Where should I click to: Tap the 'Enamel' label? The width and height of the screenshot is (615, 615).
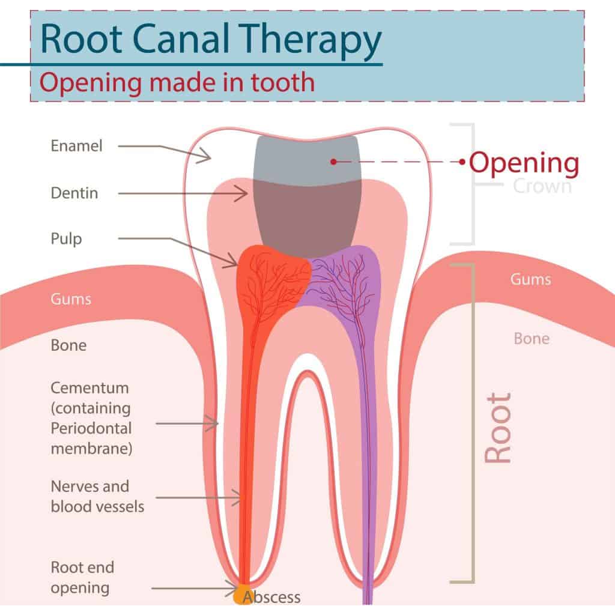coord(76,145)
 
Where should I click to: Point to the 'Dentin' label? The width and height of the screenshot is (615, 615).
coord(74,193)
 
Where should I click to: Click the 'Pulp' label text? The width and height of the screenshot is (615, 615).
coord(66,238)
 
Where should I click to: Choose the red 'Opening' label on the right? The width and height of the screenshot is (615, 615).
coord(524,162)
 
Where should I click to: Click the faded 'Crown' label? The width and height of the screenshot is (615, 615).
coord(542,186)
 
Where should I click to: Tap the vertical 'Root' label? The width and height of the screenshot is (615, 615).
coord(498,428)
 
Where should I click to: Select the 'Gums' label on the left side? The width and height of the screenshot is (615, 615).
coord(71,298)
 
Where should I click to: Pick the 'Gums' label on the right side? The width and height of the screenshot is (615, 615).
coord(530,279)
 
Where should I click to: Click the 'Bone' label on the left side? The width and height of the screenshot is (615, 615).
coord(68,345)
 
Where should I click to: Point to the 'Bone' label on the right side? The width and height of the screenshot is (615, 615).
coord(531,339)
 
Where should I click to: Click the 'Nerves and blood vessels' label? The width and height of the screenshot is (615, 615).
coord(97,496)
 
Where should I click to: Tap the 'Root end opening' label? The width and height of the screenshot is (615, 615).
coord(82,577)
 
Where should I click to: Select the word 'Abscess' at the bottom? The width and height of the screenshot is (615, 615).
coord(271,597)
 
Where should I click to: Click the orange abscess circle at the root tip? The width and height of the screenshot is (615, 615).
coord(242,595)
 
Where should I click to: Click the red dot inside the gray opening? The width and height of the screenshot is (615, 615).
coord(333,162)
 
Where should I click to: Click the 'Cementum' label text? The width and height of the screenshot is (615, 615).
coord(89,388)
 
